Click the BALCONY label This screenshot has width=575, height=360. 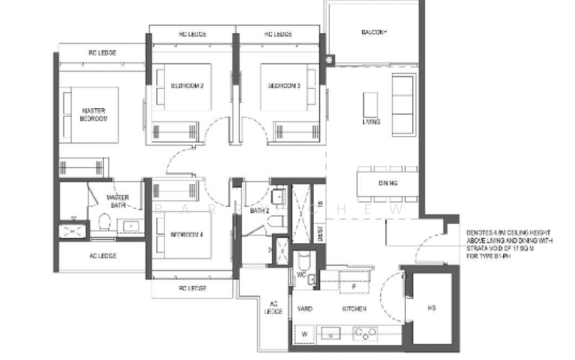click(374, 33)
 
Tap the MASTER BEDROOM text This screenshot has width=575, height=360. click(93, 114)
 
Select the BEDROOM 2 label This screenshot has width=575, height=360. click(187, 86)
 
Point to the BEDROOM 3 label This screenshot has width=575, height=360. click(283, 86)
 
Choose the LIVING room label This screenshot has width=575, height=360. click(372, 122)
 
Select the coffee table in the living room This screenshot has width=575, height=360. click(371, 103)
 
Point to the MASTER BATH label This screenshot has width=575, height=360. click(117, 201)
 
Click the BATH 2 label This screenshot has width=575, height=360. click(259, 211)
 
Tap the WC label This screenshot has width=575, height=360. click(302, 274)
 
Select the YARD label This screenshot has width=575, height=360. click(305, 309)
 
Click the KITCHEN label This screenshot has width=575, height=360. click(354, 309)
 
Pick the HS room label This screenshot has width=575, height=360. click(431, 309)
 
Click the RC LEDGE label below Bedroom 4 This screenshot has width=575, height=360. click(192, 288)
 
